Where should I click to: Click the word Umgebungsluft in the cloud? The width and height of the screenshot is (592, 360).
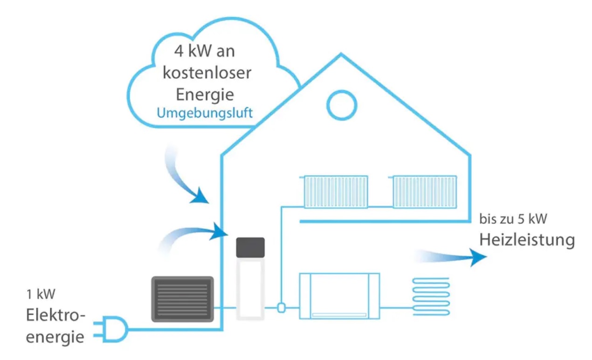pyautogui.click(x=205, y=113)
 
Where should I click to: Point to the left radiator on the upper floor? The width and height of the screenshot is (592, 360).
pyautogui.click(x=335, y=192)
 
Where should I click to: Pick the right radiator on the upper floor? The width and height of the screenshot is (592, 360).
pyautogui.click(x=424, y=192)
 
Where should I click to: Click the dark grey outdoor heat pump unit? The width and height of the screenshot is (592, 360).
pyautogui.click(x=182, y=299)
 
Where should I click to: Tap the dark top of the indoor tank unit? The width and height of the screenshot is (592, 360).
pyautogui.click(x=250, y=248)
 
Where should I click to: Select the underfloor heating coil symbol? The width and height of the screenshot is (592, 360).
pyautogui.click(x=430, y=297)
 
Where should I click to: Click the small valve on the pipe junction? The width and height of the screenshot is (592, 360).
pyautogui.click(x=281, y=308)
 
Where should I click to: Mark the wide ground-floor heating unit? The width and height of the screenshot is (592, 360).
pyautogui.click(x=339, y=296)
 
